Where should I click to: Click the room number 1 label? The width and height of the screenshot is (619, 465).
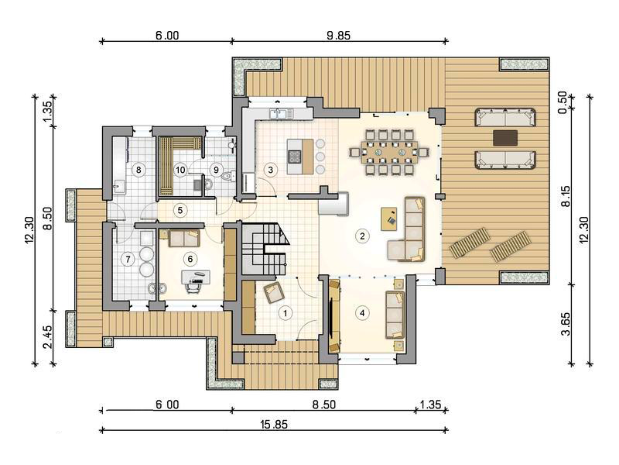click(285, 314)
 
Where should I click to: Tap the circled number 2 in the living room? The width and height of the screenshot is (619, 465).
click(362, 236)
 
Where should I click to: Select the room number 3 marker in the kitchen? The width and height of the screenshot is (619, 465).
click(270, 170)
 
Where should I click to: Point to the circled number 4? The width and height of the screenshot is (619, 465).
click(362, 314)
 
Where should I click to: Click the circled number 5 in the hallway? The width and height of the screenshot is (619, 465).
click(180, 210)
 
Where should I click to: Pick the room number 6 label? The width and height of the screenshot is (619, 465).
click(190, 259)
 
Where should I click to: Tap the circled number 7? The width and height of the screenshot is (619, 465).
click(128, 260)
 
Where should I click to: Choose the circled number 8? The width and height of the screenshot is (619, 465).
click(139, 170)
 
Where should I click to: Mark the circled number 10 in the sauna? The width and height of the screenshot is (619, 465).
click(180, 170)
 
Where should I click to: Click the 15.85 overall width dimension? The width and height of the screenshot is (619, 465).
click(274, 424)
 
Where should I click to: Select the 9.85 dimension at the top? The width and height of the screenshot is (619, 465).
click(338, 35)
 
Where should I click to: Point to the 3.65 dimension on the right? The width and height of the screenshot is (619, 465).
click(566, 324)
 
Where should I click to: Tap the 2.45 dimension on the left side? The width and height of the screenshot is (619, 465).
click(47, 337)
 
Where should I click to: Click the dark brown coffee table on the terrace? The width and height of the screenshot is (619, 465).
click(505, 138)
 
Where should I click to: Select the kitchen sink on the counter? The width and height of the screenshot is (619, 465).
click(278, 113)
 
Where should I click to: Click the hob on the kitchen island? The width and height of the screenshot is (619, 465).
click(295, 157)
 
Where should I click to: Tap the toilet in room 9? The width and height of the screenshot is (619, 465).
click(227, 176)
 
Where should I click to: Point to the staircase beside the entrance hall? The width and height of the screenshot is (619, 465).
click(263, 249)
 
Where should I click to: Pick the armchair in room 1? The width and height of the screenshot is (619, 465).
click(274, 293)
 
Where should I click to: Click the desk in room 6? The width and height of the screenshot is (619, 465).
click(196, 277)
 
